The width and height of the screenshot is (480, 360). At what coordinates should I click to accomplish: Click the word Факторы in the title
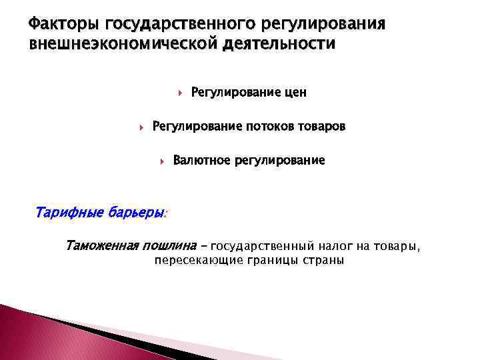(62, 25)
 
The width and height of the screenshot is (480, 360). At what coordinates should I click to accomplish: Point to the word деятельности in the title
(267, 45)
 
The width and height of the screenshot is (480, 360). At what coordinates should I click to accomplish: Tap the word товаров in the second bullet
(323, 127)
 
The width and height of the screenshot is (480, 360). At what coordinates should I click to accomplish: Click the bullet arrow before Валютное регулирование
(163, 161)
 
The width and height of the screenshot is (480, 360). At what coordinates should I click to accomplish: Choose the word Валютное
(201, 161)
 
